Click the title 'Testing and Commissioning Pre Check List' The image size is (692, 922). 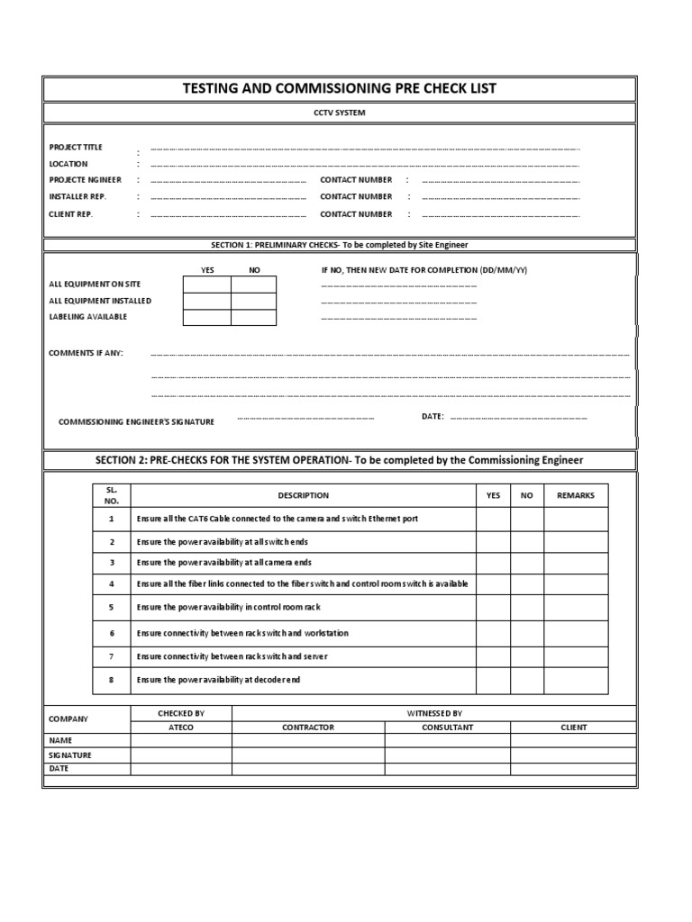[340, 88]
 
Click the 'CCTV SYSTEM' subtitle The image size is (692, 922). [340, 113]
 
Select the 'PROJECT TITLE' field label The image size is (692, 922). [76, 147]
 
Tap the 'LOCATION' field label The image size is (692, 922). [68, 164]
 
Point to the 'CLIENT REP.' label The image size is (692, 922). [71, 214]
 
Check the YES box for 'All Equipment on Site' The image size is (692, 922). [207, 285]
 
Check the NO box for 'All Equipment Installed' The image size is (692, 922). [254, 301]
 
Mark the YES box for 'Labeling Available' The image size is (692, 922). [207, 317]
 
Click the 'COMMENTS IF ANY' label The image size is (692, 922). [86, 353]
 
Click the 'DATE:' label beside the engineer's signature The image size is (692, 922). [432, 416]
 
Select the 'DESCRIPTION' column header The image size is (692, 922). [303, 495]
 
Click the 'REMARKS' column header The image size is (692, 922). [576, 495]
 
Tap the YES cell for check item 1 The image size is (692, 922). [493, 520]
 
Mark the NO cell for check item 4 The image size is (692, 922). [527, 584]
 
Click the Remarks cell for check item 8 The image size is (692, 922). [576, 681]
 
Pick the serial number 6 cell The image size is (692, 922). [112, 633]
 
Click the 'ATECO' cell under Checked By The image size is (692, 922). [181, 727]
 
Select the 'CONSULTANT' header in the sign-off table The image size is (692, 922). [447, 727]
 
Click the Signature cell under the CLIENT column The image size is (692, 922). [573, 755]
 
